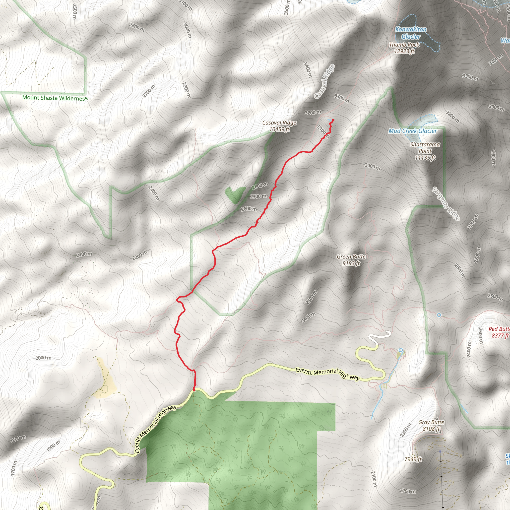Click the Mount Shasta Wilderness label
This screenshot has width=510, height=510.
(55, 98)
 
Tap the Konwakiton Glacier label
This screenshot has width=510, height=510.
(411, 33)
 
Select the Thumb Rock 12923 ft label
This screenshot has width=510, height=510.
(404, 48)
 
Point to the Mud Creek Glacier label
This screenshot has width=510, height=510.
(413, 131)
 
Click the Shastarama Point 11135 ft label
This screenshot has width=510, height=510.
(425, 151)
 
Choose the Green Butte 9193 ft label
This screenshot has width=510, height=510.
(351, 260)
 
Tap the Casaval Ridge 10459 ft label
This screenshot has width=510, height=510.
(279, 126)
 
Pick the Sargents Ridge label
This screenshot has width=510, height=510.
(446, 204)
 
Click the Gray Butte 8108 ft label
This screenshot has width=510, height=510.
(431, 425)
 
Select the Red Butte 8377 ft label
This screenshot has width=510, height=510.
(499, 332)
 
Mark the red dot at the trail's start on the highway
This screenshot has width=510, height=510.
(194, 390)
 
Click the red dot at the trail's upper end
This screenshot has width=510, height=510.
(333, 120)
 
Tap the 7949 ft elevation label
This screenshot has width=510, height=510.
(413, 459)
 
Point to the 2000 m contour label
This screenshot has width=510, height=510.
(44, 358)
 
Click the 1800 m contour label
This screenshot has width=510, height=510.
(18, 439)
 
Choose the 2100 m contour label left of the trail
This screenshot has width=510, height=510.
(84, 254)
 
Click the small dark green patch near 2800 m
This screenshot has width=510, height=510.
(235, 194)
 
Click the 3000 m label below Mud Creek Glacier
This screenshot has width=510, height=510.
(372, 167)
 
